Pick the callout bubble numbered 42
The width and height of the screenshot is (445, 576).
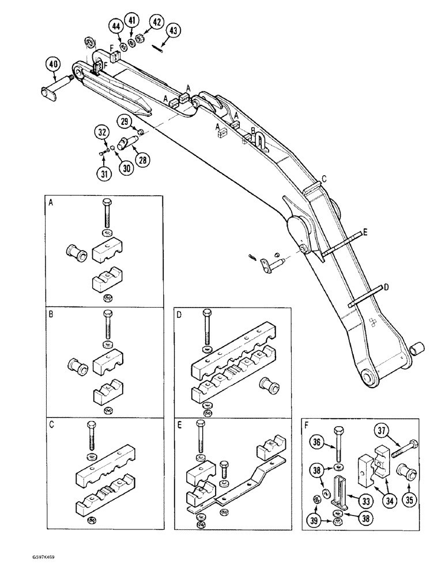(155, 22)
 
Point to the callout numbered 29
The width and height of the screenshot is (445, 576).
(125, 121)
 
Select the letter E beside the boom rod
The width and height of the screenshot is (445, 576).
(365, 233)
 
